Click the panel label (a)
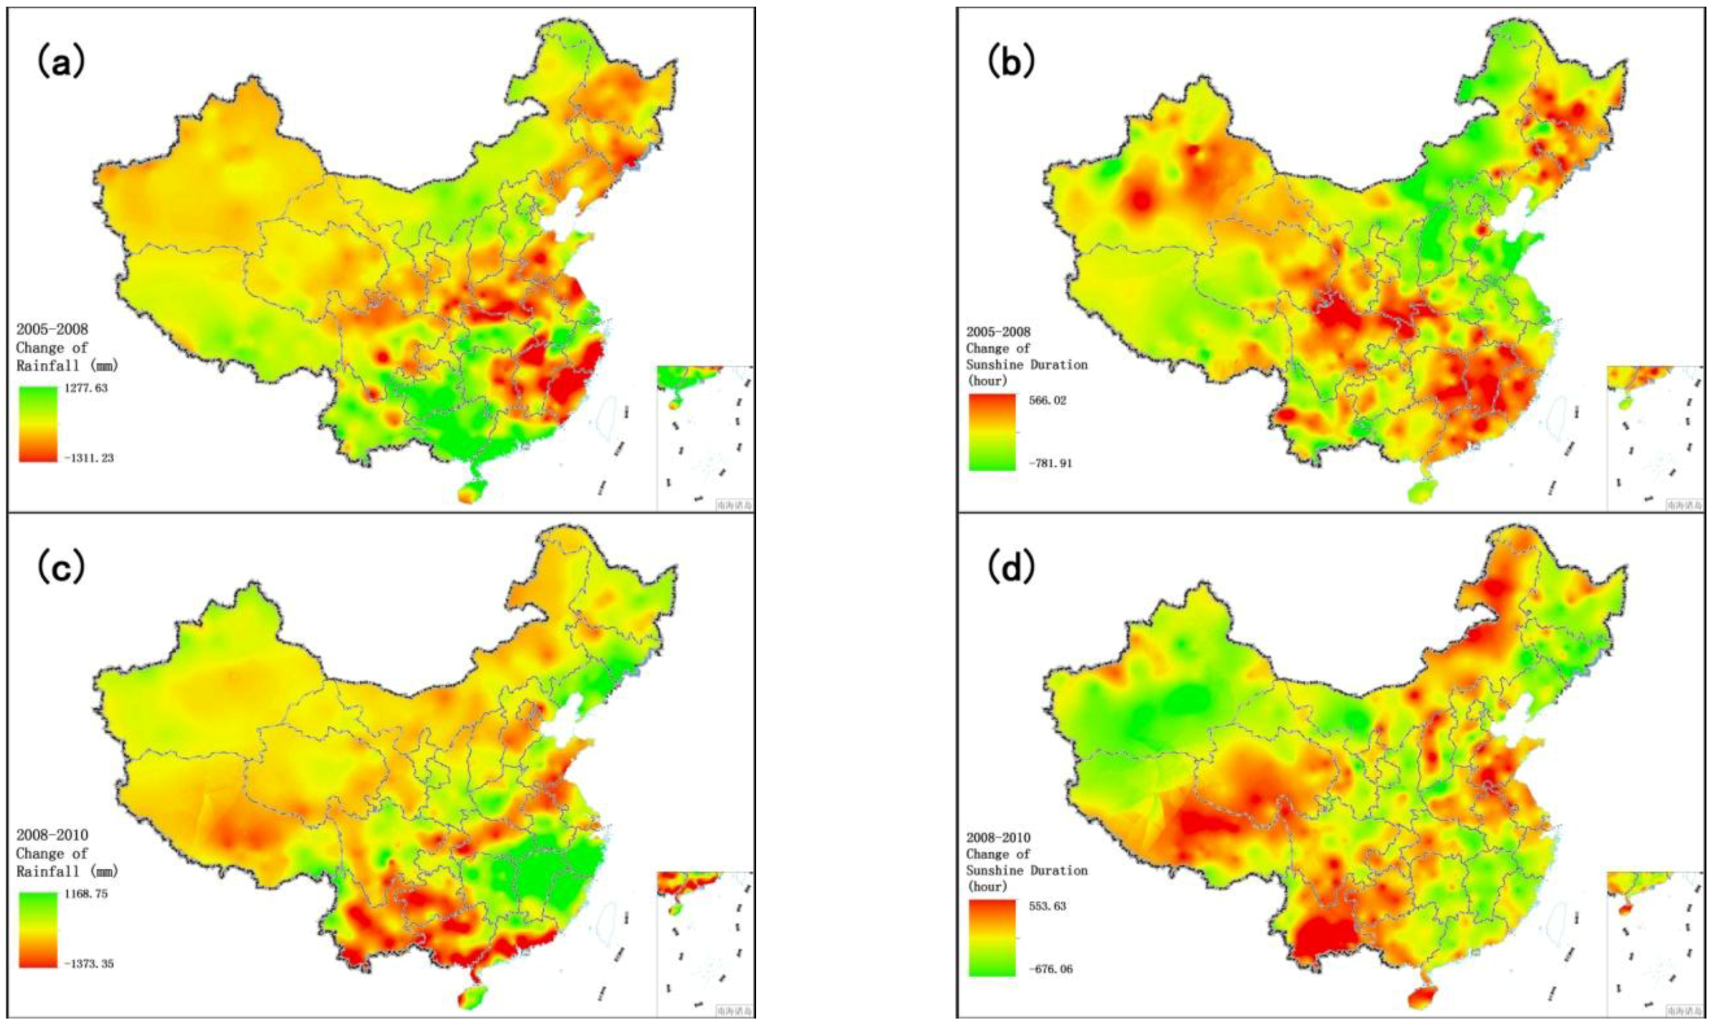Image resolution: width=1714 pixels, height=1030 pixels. (x=61, y=63)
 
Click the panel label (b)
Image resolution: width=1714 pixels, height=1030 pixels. (x=1011, y=62)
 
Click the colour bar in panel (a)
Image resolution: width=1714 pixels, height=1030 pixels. (x=38, y=424)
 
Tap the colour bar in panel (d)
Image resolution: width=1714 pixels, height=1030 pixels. (x=991, y=937)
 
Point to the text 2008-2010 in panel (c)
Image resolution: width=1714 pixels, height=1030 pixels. (x=52, y=835)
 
